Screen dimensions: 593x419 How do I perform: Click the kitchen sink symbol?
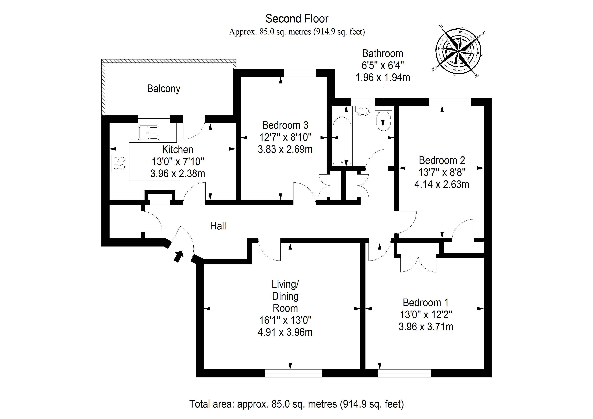click(148, 133)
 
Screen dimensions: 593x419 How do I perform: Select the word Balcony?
click(163, 89)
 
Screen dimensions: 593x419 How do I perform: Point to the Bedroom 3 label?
click(285, 125)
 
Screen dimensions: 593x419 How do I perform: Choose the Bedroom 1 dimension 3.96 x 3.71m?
click(426, 327)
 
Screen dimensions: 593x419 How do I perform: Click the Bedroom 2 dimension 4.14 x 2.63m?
click(442, 184)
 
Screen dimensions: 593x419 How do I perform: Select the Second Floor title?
click(297, 19)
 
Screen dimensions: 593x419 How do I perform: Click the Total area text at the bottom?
click(296, 404)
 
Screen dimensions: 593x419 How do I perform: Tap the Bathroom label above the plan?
click(383, 53)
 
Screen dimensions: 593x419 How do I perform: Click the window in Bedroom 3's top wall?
click(300, 73)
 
